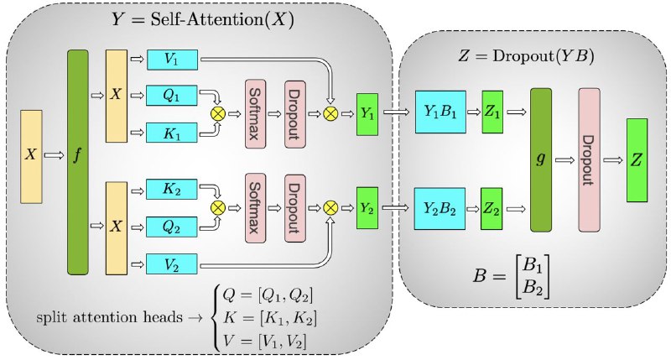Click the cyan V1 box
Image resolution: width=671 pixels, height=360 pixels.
pyautogui.click(x=172, y=60)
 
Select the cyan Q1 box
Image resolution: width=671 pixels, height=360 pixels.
pyautogui.click(x=172, y=95)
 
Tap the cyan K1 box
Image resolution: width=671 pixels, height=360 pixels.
pyautogui.click(x=172, y=133)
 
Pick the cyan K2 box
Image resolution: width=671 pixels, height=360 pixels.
pyautogui.click(x=172, y=189)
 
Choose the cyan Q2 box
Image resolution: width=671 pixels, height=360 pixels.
pyautogui.click(x=172, y=227)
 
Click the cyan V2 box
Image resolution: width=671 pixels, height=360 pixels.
pyautogui.click(x=172, y=263)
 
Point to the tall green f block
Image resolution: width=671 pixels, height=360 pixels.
pyautogui.click(x=78, y=162)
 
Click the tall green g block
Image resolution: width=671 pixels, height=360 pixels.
pyautogui.click(x=541, y=160)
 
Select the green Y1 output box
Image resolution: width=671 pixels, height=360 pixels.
pyautogui.click(x=367, y=114)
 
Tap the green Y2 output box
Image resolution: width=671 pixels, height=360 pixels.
pyautogui.click(x=367, y=208)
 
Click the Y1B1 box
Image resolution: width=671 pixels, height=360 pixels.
pyautogui.click(x=440, y=112)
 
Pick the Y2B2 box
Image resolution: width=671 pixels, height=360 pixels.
pyautogui.click(x=440, y=208)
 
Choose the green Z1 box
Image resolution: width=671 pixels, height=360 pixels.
pyautogui.click(x=492, y=112)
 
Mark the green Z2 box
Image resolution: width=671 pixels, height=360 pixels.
pyautogui.click(x=492, y=208)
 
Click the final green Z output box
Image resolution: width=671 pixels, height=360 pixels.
pyautogui.click(x=637, y=160)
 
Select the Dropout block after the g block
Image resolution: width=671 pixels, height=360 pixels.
pyautogui.click(x=590, y=160)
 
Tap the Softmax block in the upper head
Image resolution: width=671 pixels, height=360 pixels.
pyautogui.click(x=255, y=114)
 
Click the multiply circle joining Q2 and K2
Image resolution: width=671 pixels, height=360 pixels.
pyautogui.click(x=218, y=208)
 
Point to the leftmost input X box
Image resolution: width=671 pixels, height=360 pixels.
pyautogui.click(x=31, y=156)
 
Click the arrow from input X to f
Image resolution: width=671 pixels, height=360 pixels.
pyautogui.click(x=54, y=155)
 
